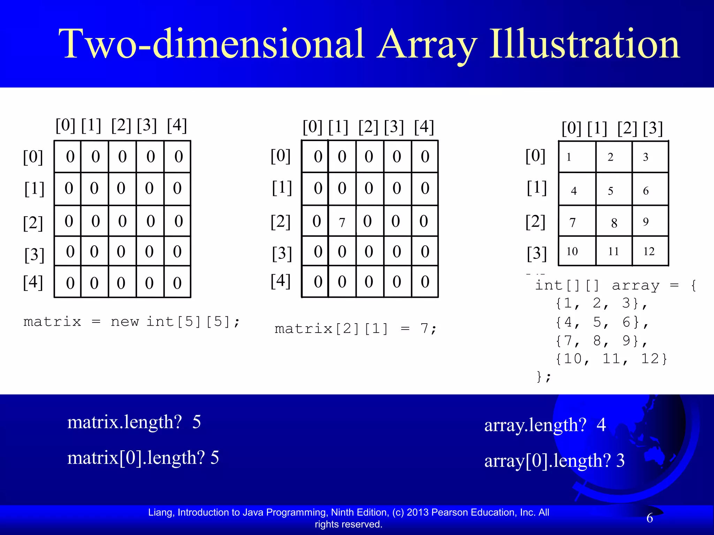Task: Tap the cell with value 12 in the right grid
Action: point(649,251)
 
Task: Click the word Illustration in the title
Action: point(585,44)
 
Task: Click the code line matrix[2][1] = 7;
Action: point(355,328)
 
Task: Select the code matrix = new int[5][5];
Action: point(131,321)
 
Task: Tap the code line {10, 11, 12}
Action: point(611,358)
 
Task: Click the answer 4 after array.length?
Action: point(601,425)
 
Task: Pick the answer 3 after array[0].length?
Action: point(620,460)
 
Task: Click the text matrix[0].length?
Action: point(136,458)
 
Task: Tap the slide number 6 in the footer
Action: point(650,518)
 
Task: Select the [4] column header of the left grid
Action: point(177,125)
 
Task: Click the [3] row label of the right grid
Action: point(537,254)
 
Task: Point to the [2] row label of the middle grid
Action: point(281,222)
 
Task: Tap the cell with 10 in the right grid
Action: point(572,251)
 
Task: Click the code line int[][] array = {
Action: point(615,285)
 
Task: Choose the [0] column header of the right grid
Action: point(571,128)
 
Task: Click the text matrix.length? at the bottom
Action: point(124,422)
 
